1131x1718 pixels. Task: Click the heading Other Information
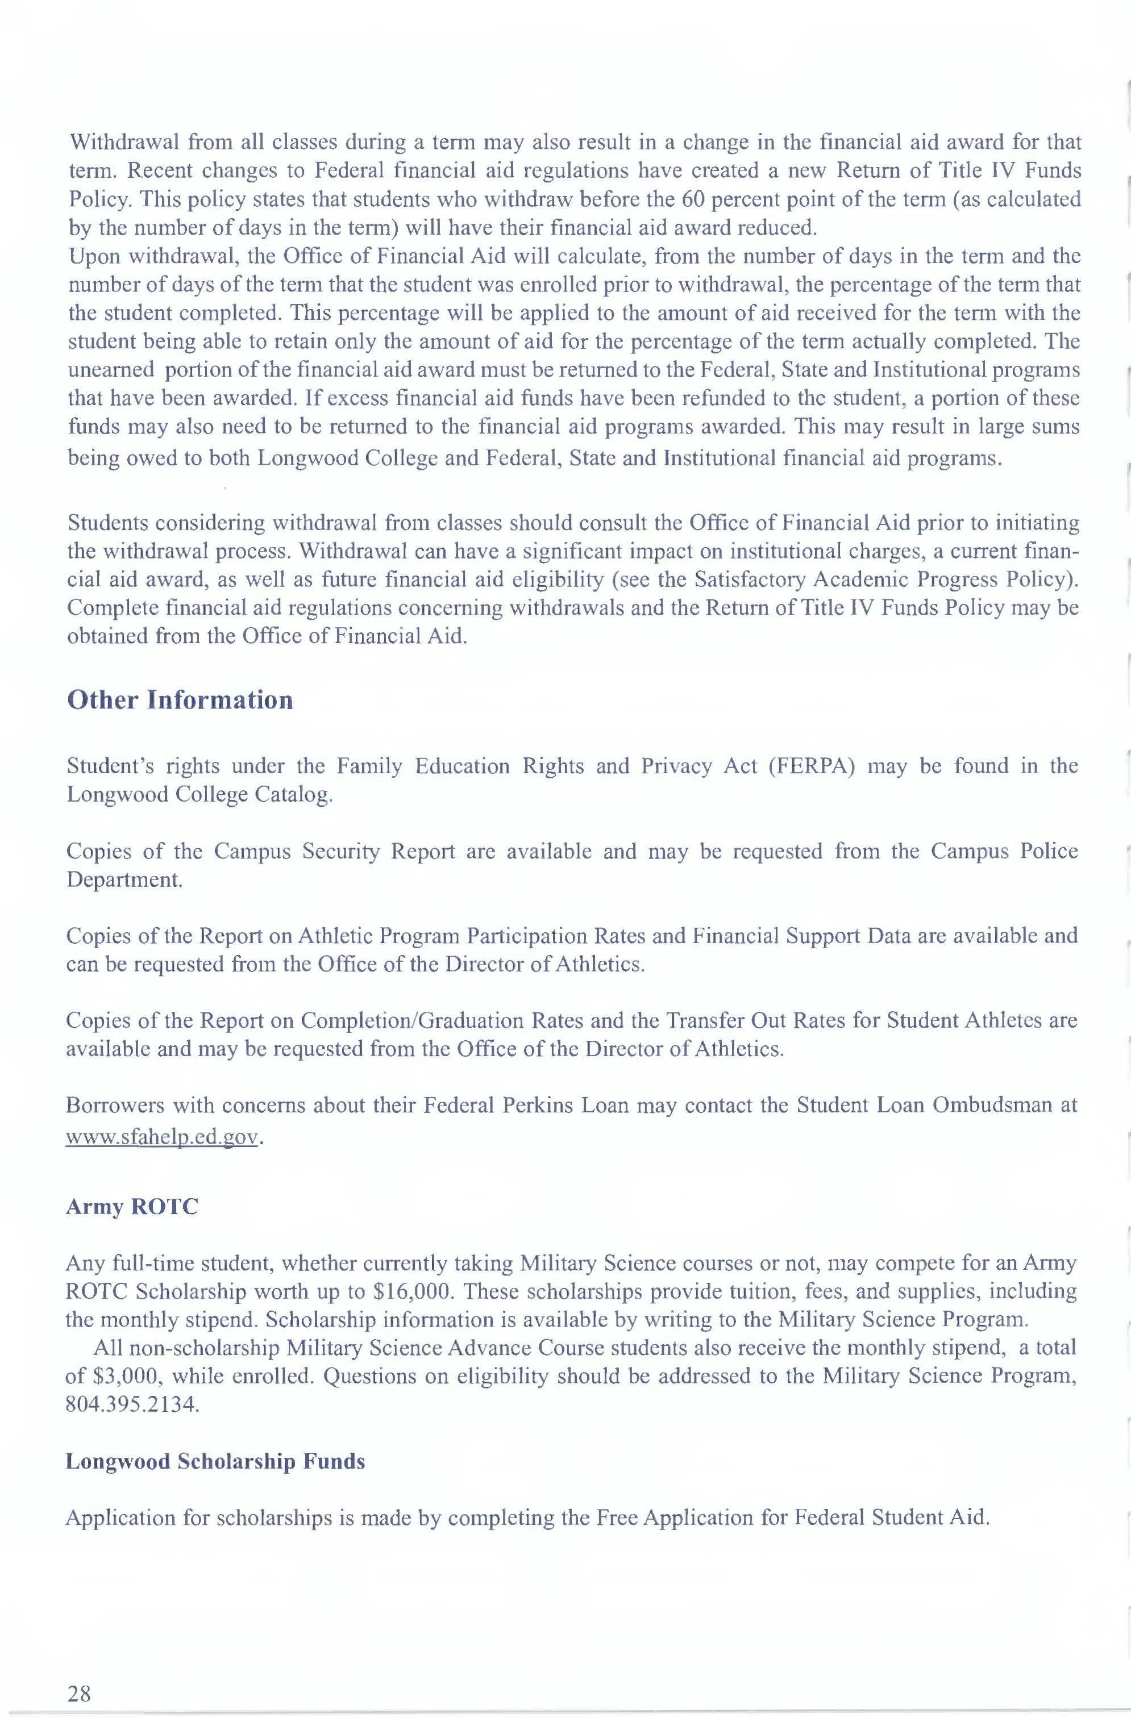[180, 699]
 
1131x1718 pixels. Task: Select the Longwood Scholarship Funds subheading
[215, 1461]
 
